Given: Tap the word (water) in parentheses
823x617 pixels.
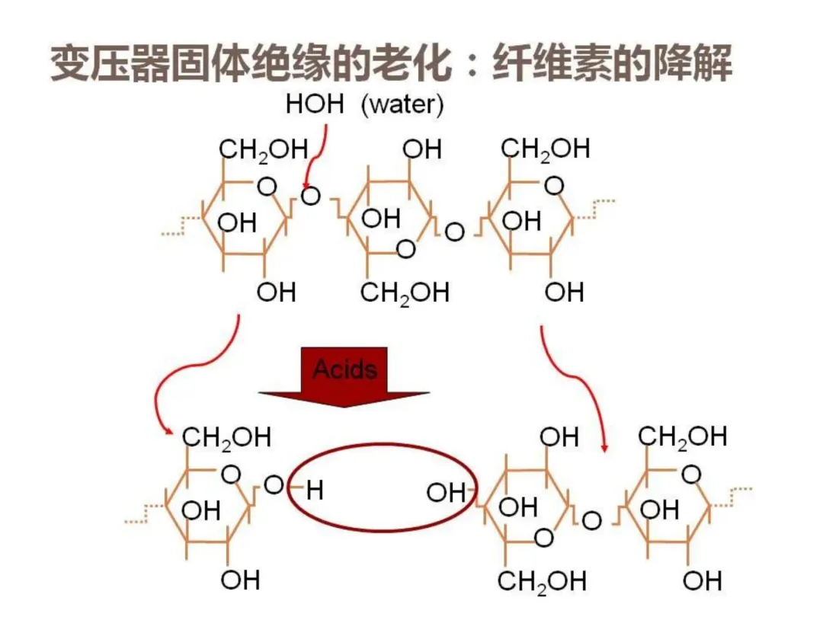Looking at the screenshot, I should tap(402, 105).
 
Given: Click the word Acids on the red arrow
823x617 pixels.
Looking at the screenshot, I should tap(345, 370).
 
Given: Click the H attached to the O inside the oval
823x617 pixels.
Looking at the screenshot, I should tap(315, 491).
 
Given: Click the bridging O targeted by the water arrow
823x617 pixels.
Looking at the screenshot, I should tap(310, 197).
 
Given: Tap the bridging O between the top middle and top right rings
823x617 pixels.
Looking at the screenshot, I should tap(454, 232).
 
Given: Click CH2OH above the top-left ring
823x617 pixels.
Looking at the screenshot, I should tap(253, 150).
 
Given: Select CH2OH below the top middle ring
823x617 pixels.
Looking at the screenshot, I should tap(405, 293).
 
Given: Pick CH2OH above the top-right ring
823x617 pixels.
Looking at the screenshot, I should tap(546, 149).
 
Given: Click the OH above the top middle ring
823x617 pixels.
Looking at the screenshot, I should tap(422, 149).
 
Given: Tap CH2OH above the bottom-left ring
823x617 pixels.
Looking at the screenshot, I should tap(226, 437).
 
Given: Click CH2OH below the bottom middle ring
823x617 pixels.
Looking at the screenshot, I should tap(542, 582).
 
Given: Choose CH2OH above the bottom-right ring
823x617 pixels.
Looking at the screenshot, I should tap(682, 436).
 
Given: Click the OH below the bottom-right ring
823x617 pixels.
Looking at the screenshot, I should tap(702, 580).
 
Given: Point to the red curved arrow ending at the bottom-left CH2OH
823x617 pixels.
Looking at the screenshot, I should tap(187, 373).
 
